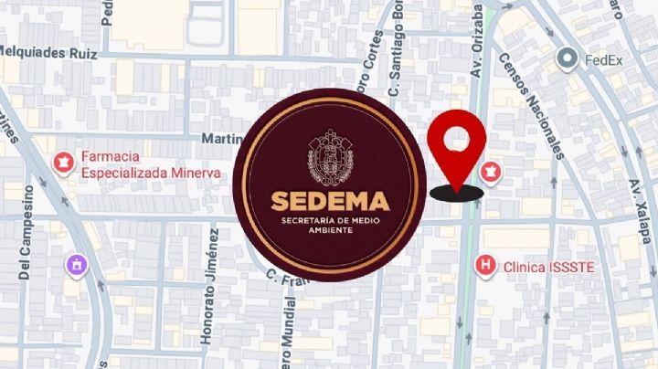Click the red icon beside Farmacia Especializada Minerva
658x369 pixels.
(x=63, y=163)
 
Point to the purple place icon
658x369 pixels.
(x=76, y=265)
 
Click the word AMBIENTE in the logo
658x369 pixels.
(x=332, y=230)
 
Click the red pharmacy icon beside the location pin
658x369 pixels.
(x=491, y=172)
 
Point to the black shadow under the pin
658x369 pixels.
(x=456, y=191)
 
